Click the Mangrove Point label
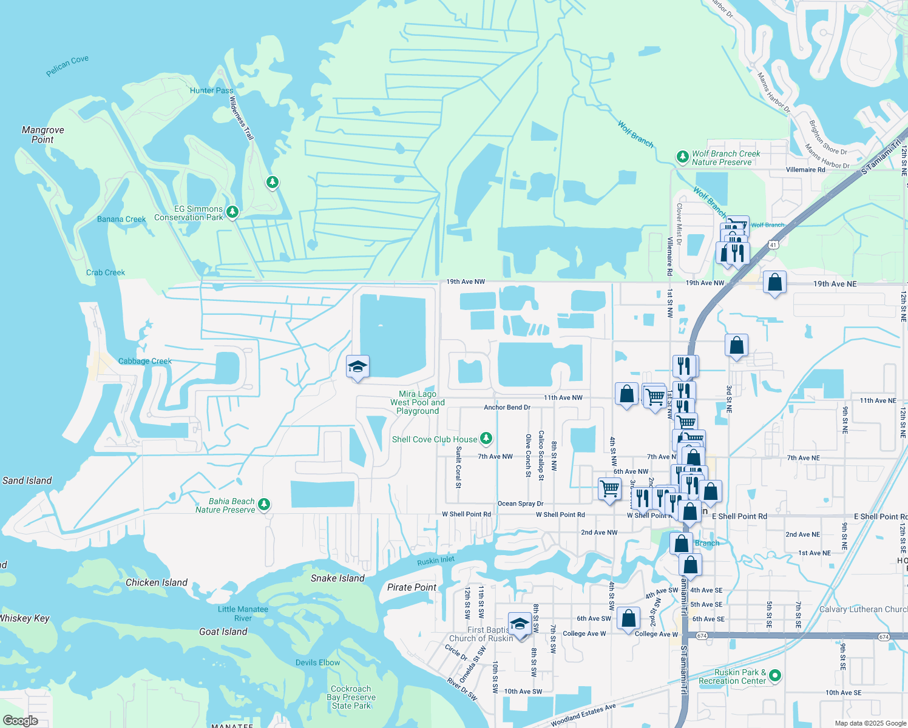42,135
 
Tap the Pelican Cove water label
67,66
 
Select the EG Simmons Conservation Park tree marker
232,212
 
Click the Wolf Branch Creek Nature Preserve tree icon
682,157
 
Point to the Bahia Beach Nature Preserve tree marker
264,504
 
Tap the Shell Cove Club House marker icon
486,438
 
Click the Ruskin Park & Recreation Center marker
774,675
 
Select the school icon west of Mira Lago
357,367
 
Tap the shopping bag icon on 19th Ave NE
774,283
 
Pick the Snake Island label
337,578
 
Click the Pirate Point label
412,587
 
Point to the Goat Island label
223,632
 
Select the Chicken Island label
157,582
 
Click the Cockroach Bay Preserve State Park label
351,697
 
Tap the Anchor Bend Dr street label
507,408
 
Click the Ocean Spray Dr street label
520,504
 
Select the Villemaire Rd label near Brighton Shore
805,170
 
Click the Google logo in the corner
20,721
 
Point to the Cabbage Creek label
145,361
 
